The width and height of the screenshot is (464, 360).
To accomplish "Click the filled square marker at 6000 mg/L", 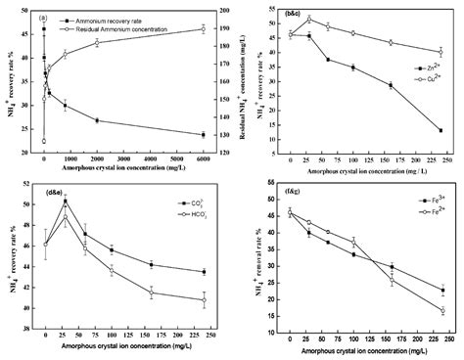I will (x=203, y=135).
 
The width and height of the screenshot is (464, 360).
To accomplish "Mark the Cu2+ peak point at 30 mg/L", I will (x=309, y=19).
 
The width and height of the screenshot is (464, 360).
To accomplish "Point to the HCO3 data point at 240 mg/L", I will (x=203, y=300).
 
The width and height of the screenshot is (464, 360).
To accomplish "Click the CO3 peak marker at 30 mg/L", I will (x=65, y=201).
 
